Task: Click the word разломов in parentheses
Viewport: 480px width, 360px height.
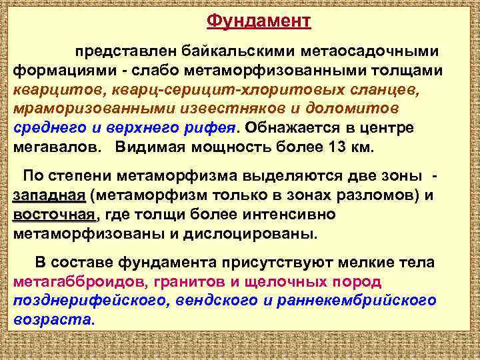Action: tap(371, 195)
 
